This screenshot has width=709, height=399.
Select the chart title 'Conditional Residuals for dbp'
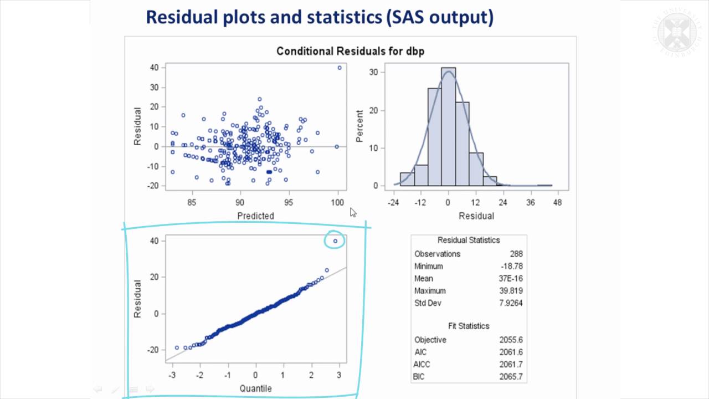(350, 52)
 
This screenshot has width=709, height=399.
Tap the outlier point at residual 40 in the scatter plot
(340, 68)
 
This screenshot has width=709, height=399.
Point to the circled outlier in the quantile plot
(335, 241)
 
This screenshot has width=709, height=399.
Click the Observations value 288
(516, 254)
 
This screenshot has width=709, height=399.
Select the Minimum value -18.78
(512, 266)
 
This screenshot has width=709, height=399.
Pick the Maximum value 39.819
(511, 290)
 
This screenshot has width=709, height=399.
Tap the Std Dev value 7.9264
(511, 303)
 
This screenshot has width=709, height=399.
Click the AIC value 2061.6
(511, 352)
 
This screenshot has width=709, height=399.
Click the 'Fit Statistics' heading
(469, 326)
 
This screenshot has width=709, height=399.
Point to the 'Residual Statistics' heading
(469, 240)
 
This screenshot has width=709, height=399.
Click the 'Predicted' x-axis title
(255, 216)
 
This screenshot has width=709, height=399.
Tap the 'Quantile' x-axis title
(255, 388)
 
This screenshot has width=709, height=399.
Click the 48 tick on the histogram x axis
(557, 203)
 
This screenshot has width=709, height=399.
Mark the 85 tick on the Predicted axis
(192, 203)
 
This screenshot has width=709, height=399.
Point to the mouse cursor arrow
(353, 212)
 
